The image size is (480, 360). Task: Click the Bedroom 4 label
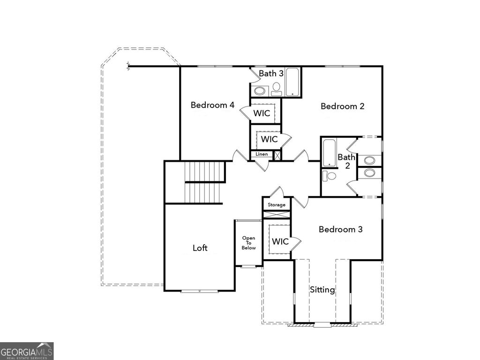click(x=212, y=105)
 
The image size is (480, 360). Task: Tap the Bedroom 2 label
click(x=342, y=106)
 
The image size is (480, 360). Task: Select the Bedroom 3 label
click(x=340, y=229)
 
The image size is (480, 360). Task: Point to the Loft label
click(x=200, y=248)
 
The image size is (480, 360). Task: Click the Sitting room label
click(x=322, y=290)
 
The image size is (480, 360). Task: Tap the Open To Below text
click(x=249, y=243)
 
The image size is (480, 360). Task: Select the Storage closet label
click(x=277, y=205)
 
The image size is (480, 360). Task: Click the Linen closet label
click(x=262, y=154)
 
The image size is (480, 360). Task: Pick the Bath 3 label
click(x=271, y=74)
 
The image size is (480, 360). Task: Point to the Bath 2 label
click(x=347, y=161)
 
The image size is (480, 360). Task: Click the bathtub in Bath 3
click(x=292, y=82)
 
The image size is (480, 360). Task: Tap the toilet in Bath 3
click(x=276, y=88)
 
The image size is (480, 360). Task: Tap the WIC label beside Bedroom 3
click(x=280, y=241)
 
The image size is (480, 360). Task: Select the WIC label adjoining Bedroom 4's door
click(x=262, y=113)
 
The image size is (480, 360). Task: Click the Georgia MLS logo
click(x=27, y=351)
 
